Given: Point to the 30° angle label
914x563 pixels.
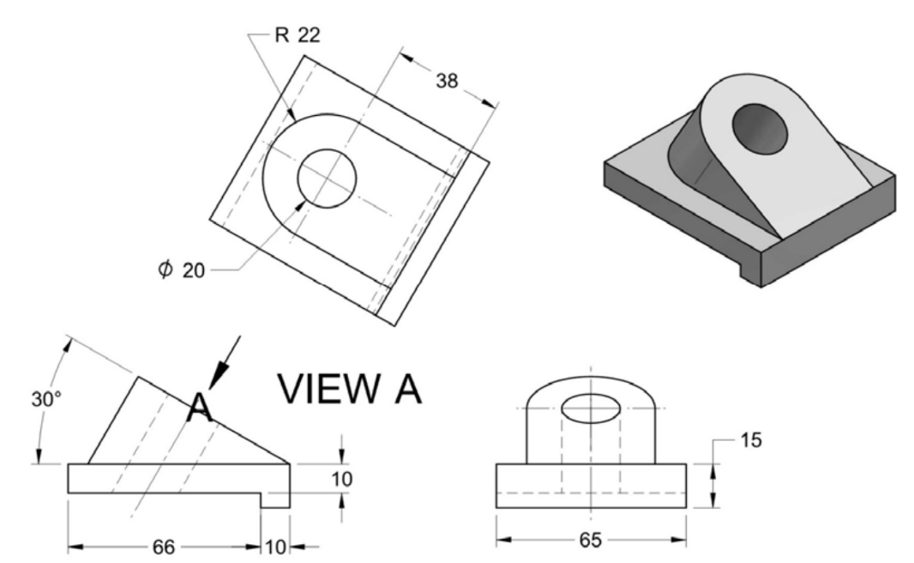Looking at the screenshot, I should pyautogui.click(x=40, y=400).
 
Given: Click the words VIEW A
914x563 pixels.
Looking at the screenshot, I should pyautogui.click(x=349, y=389).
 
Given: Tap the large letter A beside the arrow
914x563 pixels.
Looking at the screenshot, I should pyautogui.click(x=200, y=408).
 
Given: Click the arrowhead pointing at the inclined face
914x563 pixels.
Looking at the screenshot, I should pyautogui.click(x=220, y=378).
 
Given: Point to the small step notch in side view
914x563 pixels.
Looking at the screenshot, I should pyautogui.click(x=275, y=500).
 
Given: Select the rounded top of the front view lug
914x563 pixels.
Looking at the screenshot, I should pyautogui.click(x=591, y=382).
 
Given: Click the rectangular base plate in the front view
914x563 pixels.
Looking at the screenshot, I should pyautogui.click(x=591, y=486).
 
